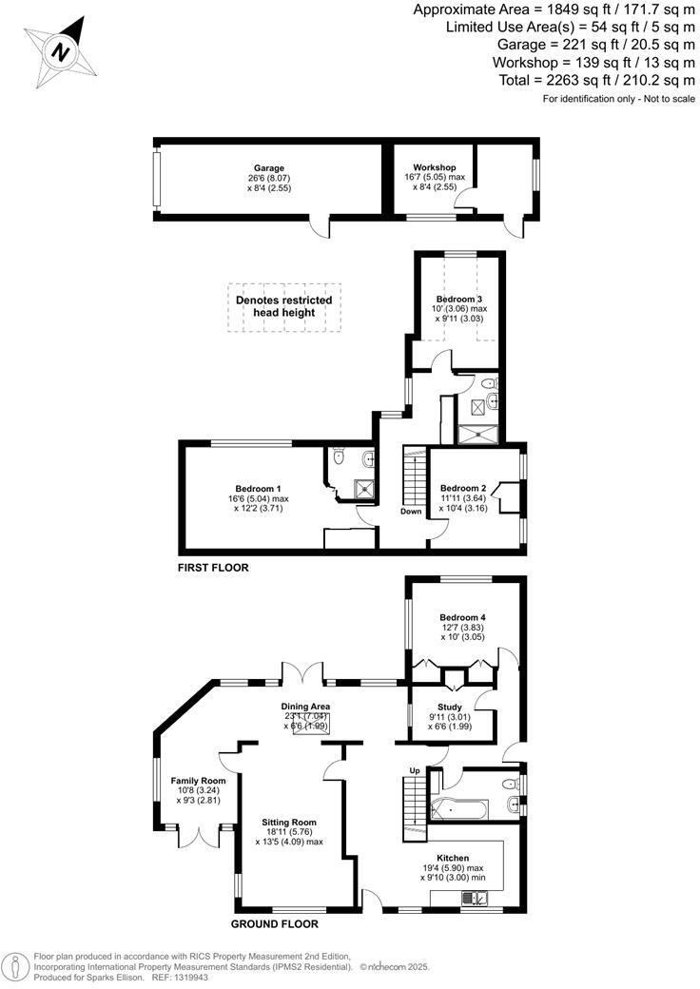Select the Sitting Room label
click(x=289, y=822)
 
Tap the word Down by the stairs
click(x=411, y=511)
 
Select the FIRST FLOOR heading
click(x=213, y=568)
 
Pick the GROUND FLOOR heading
click(x=275, y=923)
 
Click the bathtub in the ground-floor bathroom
click(x=459, y=809)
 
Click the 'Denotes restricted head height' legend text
click(x=283, y=306)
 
